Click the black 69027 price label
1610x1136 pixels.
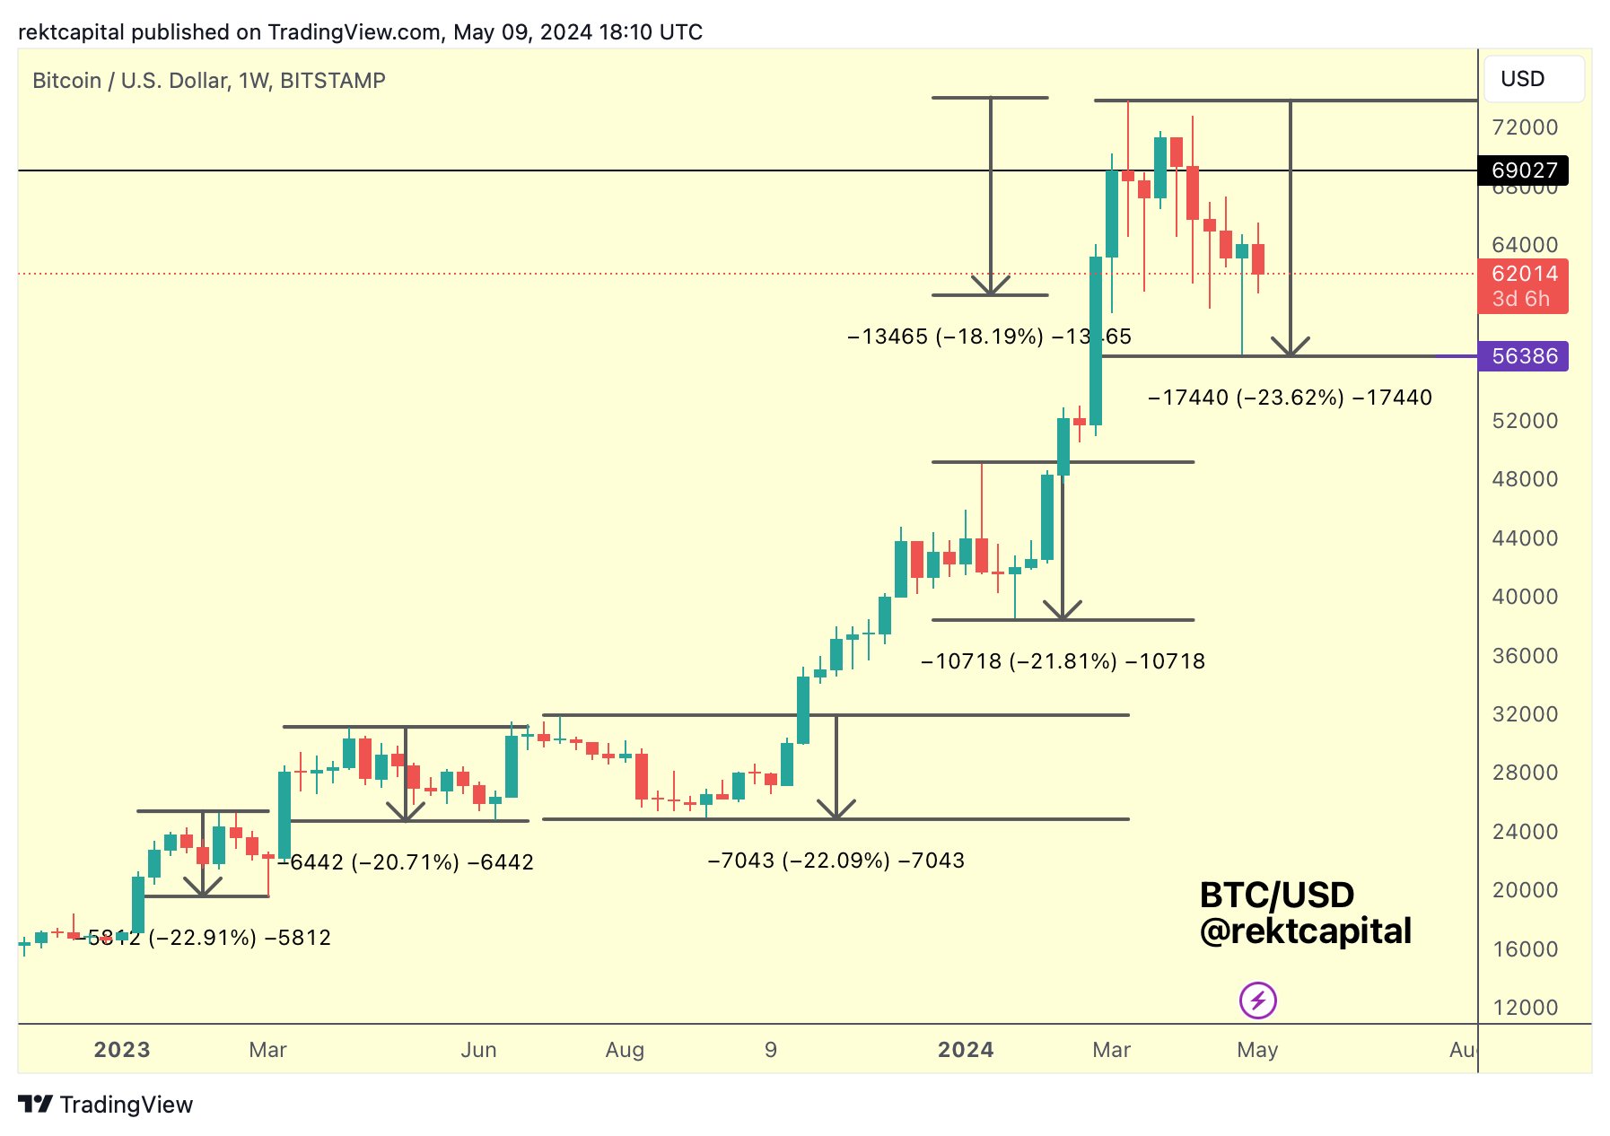tap(1523, 170)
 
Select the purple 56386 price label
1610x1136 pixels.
tap(1523, 356)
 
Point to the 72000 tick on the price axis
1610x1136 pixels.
tap(1524, 127)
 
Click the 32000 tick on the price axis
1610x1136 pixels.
tap(1524, 714)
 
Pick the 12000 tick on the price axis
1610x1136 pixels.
tap(1525, 1008)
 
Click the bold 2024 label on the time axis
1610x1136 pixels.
tap(966, 1050)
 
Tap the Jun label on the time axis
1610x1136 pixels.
tap(478, 1050)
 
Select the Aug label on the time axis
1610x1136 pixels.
tap(625, 1050)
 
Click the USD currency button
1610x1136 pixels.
tap(1534, 79)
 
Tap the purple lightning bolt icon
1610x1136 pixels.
tap(1257, 1000)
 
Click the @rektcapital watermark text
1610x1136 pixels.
tap(1305, 931)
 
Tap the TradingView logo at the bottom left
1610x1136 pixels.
tap(106, 1105)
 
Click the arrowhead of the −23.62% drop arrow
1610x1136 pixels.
tap(1290, 350)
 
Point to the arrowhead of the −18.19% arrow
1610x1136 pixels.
tap(991, 288)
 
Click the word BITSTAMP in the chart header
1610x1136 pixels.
tap(332, 81)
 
